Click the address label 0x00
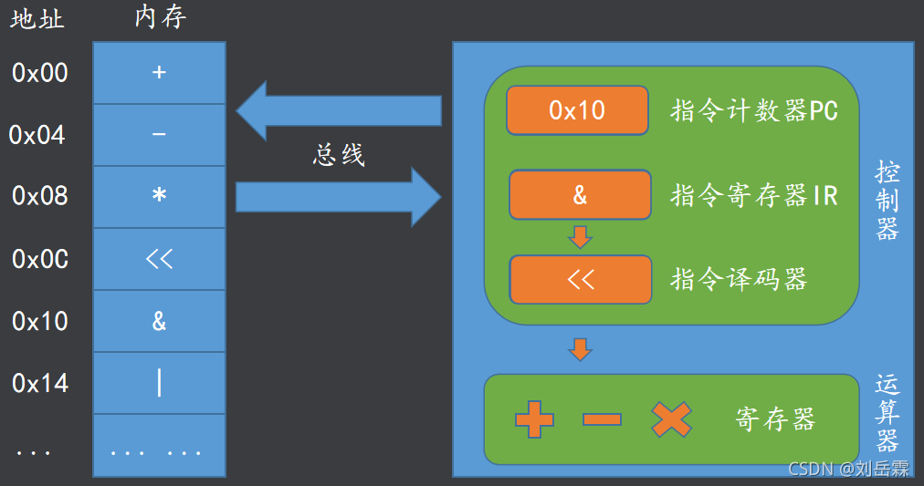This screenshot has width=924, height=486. tap(40, 73)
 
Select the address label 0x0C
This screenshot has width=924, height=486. tap(40, 259)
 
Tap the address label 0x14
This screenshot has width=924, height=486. tap(40, 383)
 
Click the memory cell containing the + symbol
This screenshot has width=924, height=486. tap(159, 73)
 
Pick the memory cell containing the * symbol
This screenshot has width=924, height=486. tap(159, 197)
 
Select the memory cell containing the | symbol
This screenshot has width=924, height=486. tap(159, 383)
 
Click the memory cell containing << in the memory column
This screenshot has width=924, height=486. tap(159, 259)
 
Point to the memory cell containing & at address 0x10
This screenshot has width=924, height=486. tap(159, 321)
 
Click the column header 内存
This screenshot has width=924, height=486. tap(160, 17)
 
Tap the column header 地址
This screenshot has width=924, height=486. tap(37, 19)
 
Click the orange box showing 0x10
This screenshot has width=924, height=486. tap(577, 110)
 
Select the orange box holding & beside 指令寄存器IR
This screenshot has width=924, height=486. tap(580, 195)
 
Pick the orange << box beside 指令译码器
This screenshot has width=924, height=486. tap(580, 279)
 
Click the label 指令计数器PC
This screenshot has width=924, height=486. tap(754, 111)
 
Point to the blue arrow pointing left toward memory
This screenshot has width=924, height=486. tap(338, 110)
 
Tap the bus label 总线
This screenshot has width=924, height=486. tap(339, 155)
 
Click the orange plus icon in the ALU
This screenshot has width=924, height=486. tap(534, 419)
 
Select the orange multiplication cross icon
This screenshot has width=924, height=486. tap(671, 419)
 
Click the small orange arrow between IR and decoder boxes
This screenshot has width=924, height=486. tap(580, 237)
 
